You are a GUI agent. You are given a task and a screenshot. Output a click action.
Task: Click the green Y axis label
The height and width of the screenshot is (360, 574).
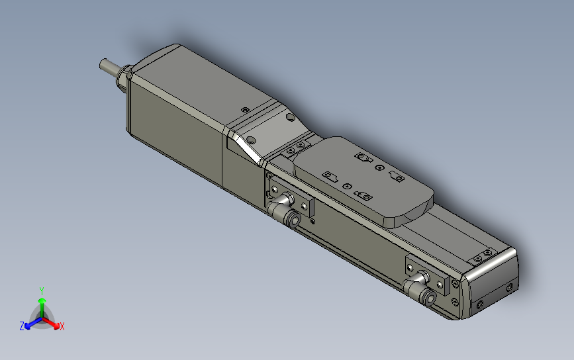coord(42,291)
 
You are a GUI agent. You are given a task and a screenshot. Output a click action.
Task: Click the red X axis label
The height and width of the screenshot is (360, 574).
coord(62,326)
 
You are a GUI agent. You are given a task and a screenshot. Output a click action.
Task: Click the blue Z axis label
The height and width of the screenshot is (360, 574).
coord(22,326)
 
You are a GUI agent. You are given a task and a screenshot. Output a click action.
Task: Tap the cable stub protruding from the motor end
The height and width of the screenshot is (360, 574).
coord(109,66)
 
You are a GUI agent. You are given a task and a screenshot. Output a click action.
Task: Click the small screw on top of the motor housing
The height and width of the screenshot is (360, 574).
coord(246,110)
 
